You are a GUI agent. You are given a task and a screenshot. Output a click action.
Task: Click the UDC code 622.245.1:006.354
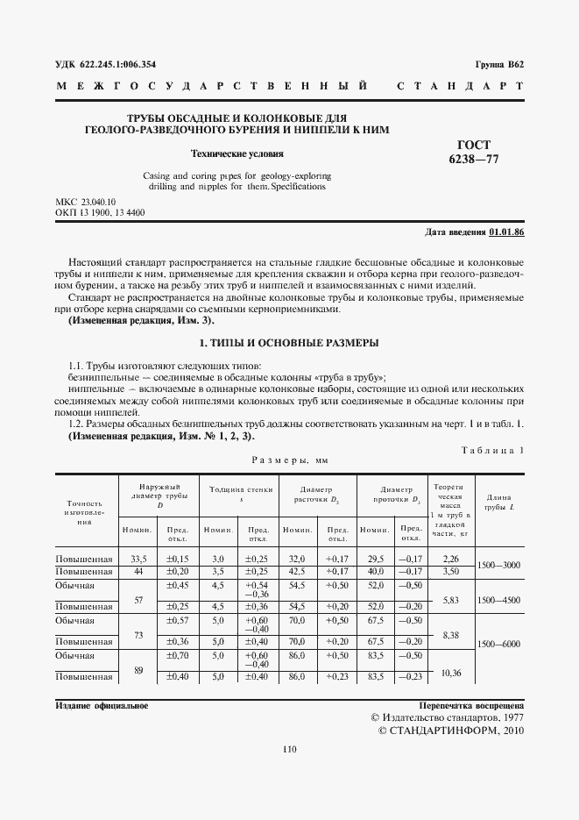[105, 65]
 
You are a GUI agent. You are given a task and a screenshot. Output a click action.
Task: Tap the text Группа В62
[499, 65]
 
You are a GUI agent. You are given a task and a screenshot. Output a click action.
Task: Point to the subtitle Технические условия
[225, 152]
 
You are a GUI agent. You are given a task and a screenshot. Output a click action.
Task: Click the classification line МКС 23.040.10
[86, 202]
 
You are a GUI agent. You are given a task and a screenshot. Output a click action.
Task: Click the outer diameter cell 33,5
[138, 559]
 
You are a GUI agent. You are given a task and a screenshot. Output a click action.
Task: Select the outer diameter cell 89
[138, 669]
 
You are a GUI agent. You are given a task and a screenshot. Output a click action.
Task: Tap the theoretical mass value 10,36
[450, 672]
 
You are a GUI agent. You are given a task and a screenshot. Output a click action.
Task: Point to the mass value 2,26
[450, 559]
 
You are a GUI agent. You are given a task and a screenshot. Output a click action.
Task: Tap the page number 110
[290, 748]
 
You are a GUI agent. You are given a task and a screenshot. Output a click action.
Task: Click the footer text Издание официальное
[102, 705]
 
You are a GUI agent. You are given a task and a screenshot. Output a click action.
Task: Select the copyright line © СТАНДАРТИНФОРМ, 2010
[450, 730]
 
